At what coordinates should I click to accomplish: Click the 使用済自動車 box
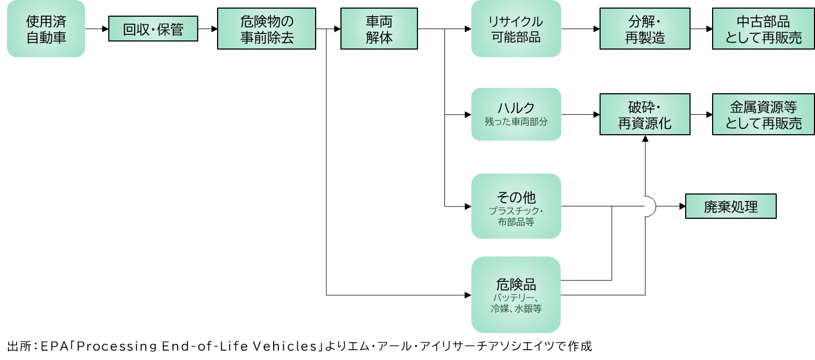46,29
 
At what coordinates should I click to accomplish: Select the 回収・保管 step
153,29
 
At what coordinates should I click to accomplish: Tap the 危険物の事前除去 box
266,29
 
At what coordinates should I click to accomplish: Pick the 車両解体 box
379,29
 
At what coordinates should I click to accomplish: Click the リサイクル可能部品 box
516,29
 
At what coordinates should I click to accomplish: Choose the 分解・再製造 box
645,29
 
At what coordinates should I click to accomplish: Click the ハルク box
516,114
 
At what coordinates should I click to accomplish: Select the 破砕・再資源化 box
645,114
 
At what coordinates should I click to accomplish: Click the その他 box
516,206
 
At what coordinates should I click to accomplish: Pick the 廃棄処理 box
730,206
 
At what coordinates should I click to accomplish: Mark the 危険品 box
516,294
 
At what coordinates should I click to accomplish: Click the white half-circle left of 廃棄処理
649,206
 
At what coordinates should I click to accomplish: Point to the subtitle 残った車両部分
516,122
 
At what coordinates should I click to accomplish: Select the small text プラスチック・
516,210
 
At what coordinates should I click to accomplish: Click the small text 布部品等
516,221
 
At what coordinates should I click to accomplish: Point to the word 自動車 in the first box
46,37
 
